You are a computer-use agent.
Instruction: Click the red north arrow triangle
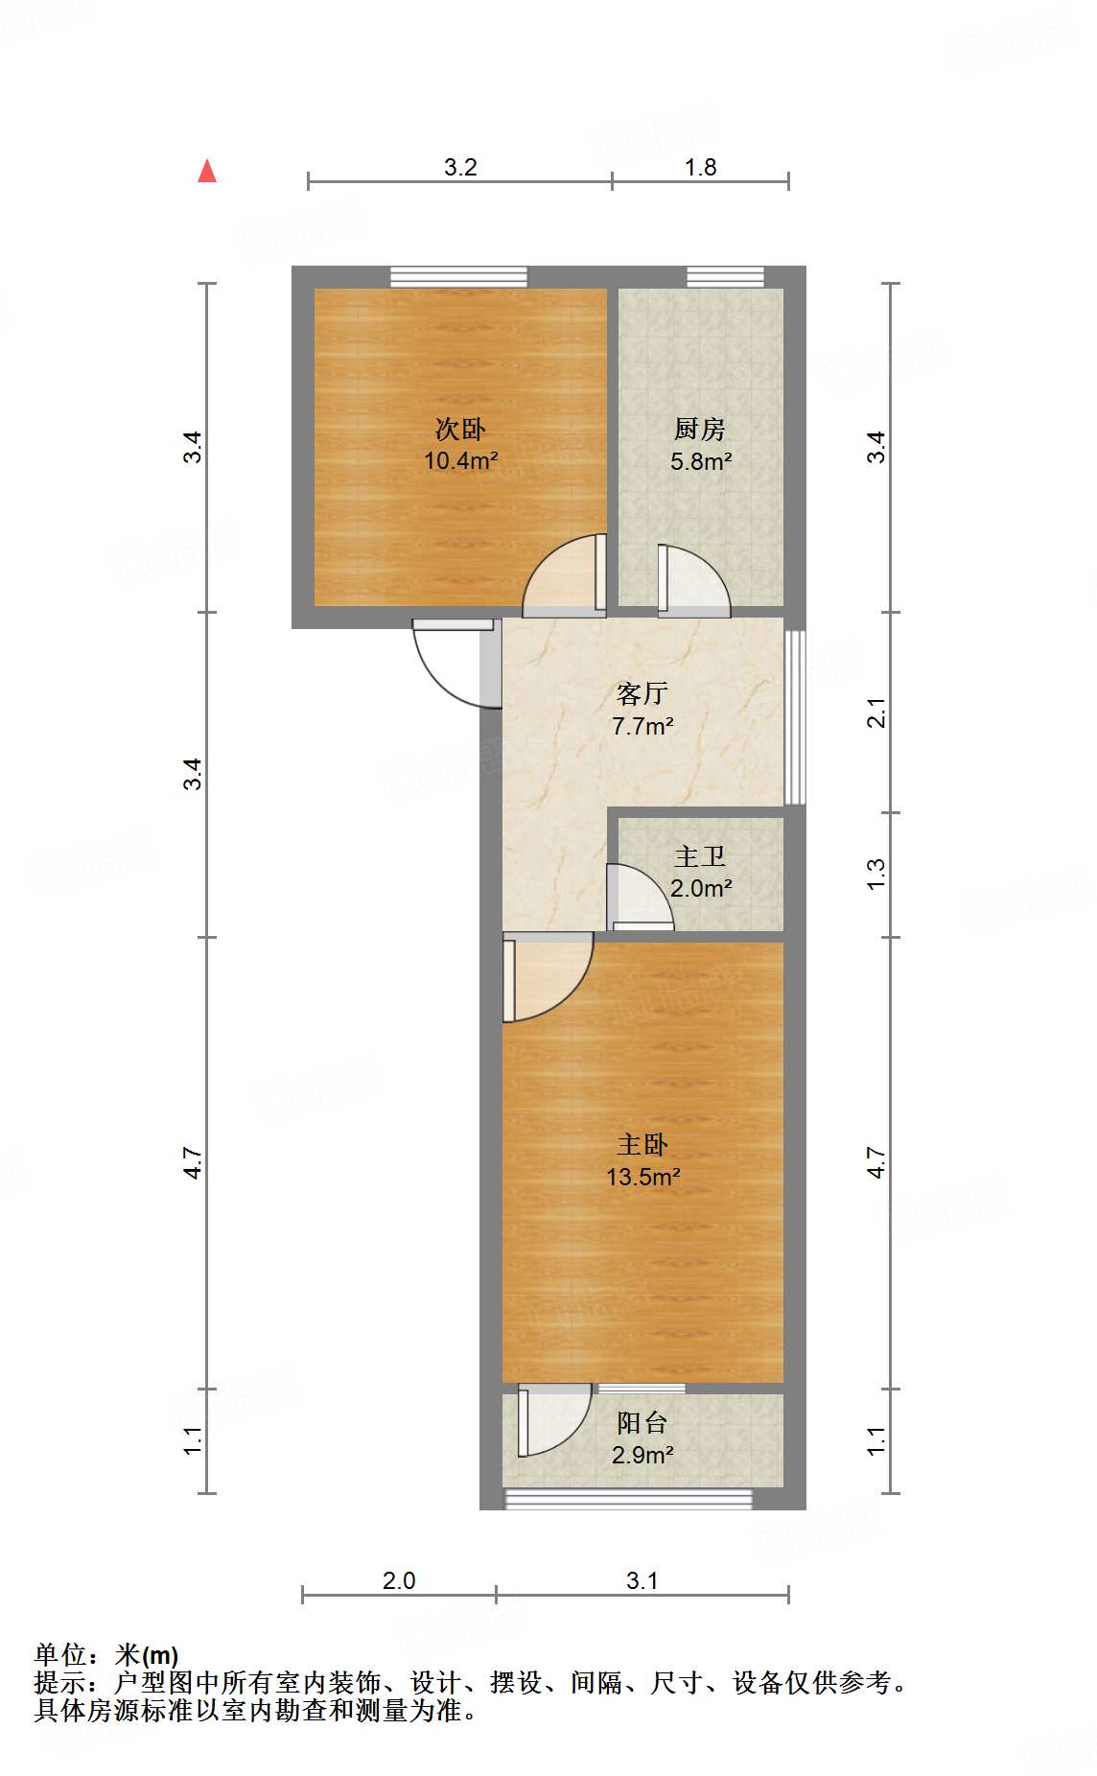[x=207, y=172]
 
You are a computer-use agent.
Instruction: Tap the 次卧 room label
[x=460, y=428]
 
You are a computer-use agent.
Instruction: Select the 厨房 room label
[x=700, y=429]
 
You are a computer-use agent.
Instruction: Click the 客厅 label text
[x=642, y=692]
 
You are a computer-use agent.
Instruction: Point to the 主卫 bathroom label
[x=700, y=855]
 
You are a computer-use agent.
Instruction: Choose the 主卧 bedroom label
[x=642, y=1144]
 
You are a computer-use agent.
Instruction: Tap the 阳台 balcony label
[x=642, y=1422]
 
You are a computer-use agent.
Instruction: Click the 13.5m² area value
[x=642, y=1177]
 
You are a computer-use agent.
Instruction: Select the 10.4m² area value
[x=460, y=460]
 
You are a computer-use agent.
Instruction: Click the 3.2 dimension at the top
[x=460, y=168]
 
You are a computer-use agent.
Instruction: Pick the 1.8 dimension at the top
[x=700, y=168]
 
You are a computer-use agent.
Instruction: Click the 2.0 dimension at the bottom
[x=399, y=1580]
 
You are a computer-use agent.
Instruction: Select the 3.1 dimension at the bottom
[x=642, y=1580]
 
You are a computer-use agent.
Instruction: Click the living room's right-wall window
[x=794, y=716]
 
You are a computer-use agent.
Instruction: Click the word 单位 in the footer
[x=61, y=1654]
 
